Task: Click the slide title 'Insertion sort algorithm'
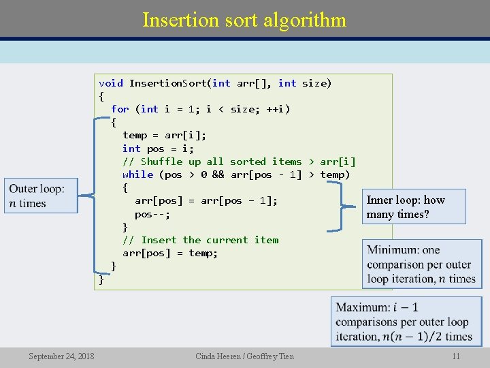[x=244, y=20]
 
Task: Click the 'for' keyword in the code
[x=120, y=109]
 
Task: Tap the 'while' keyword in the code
[x=137, y=174]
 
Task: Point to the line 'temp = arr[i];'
[x=164, y=135]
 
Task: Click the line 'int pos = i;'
[x=158, y=149]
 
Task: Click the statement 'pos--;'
[x=152, y=214]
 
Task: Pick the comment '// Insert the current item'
[x=200, y=240]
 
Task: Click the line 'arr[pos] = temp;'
[x=170, y=253]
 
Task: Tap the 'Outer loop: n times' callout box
[x=41, y=196]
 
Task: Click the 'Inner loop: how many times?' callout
[x=414, y=207]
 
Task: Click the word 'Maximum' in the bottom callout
[x=362, y=308]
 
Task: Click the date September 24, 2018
[x=61, y=356]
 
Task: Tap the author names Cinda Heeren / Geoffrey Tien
[x=244, y=356]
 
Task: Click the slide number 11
[x=456, y=356]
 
